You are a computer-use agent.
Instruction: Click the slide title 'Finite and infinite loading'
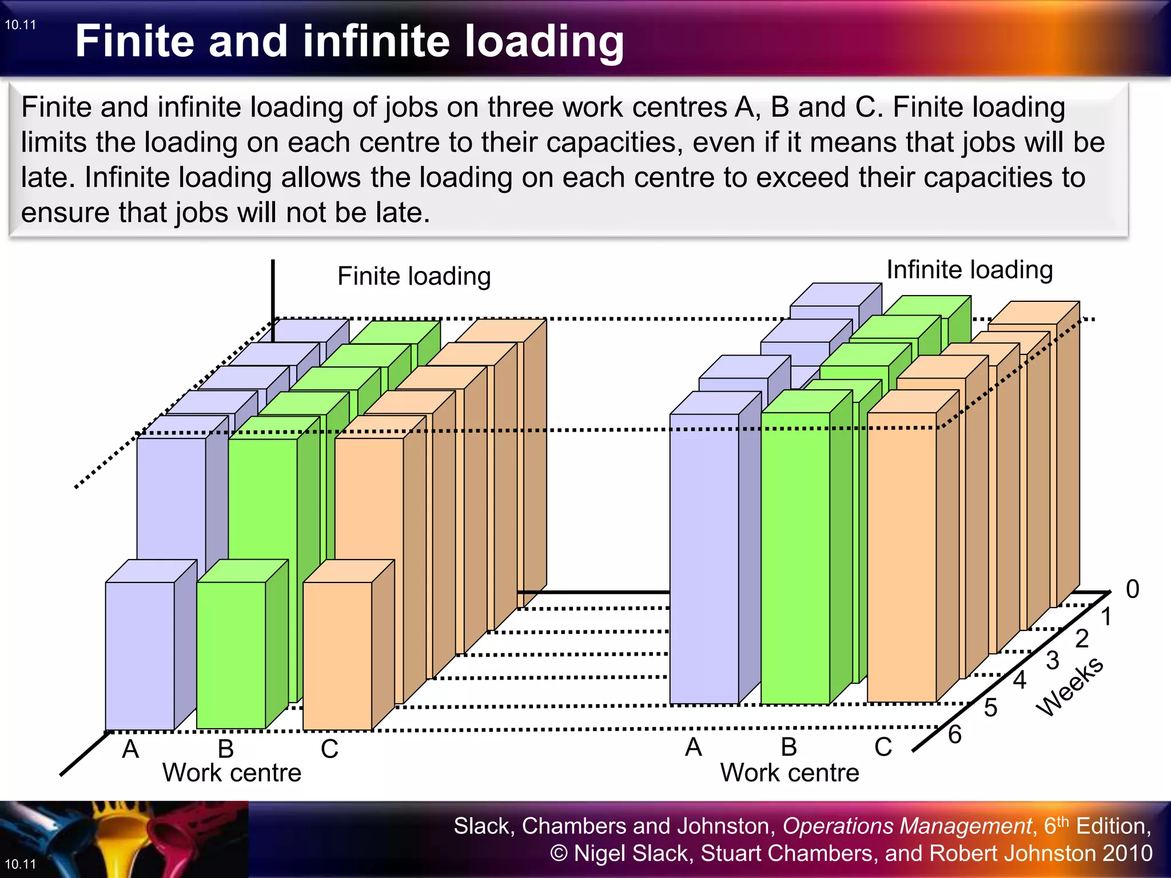tap(349, 41)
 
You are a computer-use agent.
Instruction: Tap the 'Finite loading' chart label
tap(414, 276)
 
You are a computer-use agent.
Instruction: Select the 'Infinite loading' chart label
tap(969, 270)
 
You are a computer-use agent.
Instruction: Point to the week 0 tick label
tap(1132, 589)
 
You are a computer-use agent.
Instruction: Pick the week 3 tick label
tap(1053, 661)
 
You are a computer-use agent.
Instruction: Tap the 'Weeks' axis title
tap(1070, 685)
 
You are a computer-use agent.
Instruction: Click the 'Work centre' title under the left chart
tap(232, 773)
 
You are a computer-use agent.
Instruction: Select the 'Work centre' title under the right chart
tap(790, 773)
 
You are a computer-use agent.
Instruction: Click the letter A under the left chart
tap(130, 749)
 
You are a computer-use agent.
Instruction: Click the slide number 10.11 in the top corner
tap(21, 25)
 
